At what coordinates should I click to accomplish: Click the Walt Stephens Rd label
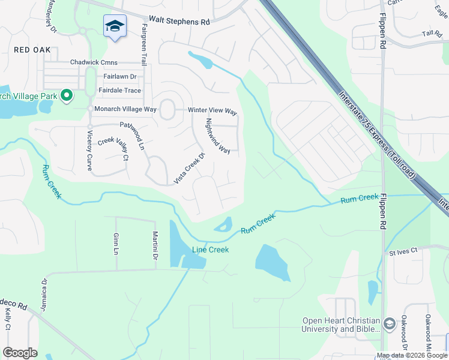179,22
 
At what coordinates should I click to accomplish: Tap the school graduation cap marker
115,26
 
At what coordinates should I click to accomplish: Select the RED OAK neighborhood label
32,50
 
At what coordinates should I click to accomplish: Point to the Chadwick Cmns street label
93,62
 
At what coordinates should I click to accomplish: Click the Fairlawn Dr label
119,77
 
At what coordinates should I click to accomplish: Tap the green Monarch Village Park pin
67,95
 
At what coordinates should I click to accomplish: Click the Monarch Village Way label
125,109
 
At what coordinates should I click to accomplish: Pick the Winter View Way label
213,112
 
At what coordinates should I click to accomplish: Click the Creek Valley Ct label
113,149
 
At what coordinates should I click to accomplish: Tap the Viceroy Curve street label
89,151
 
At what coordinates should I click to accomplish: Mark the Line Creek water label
210,250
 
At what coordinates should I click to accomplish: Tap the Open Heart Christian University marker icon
389,324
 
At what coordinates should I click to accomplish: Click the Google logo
20,353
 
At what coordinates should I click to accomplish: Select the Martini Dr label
154,245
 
